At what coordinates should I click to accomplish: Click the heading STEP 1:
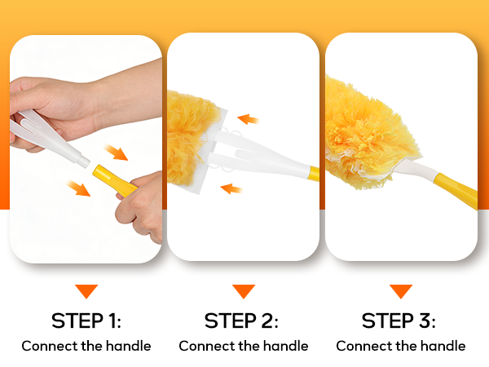point(86,321)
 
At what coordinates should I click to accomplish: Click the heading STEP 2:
point(241,321)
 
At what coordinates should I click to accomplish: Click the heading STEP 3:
point(399,321)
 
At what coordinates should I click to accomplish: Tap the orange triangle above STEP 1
point(86,291)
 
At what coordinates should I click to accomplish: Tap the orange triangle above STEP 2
point(244,291)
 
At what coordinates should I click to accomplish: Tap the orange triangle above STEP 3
point(401,291)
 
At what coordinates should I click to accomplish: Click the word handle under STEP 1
point(128,346)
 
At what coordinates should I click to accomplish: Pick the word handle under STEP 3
point(443,346)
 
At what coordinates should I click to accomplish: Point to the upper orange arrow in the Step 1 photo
point(116,152)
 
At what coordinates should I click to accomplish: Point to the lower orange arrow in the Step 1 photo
point(78,188)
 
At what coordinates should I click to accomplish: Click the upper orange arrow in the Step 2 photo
point(249,119)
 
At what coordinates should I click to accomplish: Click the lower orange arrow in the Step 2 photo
point(231,188)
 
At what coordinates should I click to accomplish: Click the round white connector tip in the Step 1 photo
point(84,161)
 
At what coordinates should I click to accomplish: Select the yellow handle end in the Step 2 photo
point(314,173)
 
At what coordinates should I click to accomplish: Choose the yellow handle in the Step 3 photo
point(456,190)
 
